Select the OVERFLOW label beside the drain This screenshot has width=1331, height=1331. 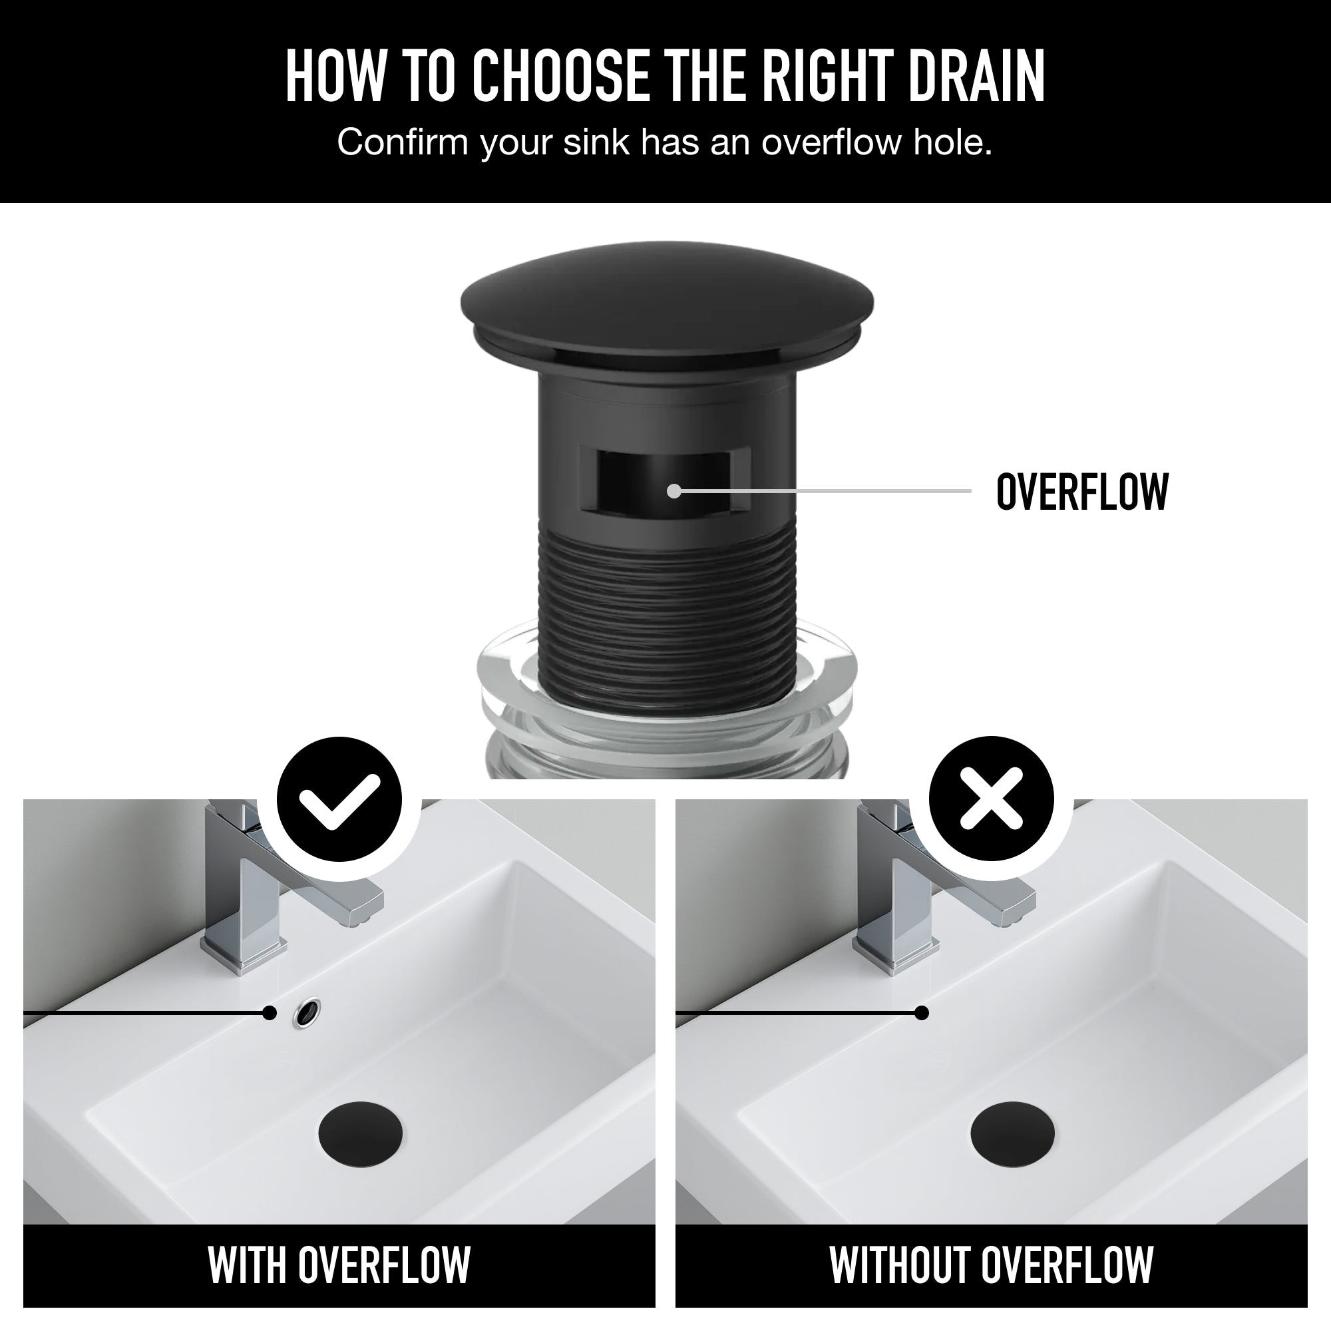1081,492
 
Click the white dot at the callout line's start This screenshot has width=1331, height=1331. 673,491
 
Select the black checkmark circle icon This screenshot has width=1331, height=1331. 339,799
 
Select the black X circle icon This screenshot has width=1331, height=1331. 991,799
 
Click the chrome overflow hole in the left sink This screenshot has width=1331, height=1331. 307,1012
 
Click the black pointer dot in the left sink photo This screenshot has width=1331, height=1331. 270,1013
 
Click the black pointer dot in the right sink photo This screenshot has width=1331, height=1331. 922,1013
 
